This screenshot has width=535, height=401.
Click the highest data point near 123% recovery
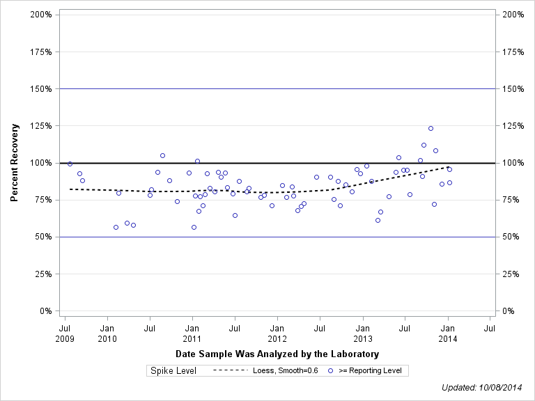tap(431, 128)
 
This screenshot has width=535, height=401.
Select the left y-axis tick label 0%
tap(45, 310)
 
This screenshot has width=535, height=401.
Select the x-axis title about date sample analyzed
tap(277, 354)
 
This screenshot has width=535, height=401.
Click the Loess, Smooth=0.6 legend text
tap(286, 371)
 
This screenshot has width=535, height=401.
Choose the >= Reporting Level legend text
tap(370, 371)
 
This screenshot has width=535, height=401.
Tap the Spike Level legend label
tap(173, 371)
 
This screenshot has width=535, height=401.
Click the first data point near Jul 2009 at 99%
tap(70, 164)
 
